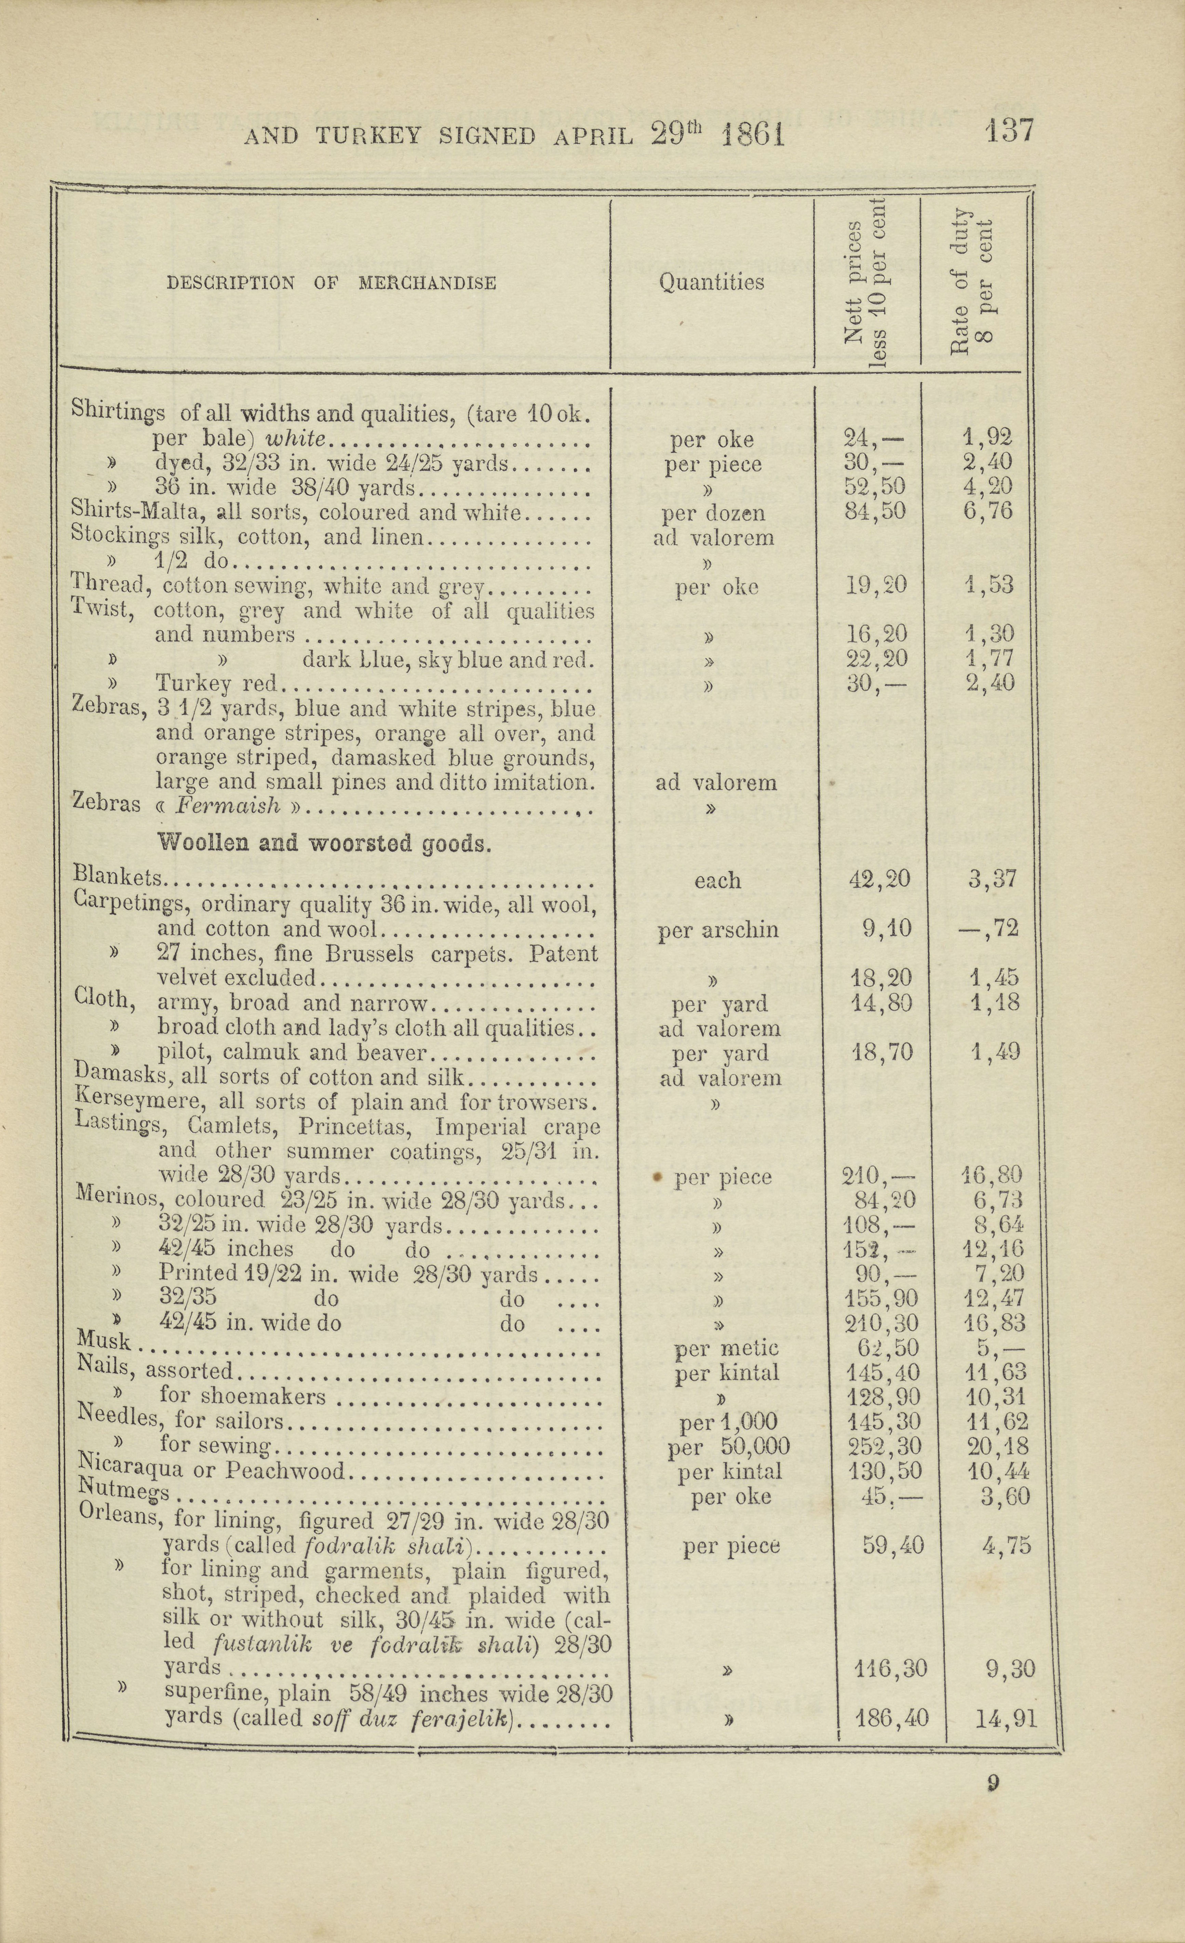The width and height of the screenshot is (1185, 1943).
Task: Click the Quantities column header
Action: point(711,282)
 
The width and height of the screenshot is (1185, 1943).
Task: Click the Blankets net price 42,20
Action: point(879,879)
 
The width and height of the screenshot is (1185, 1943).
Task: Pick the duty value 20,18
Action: point(997,1446)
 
